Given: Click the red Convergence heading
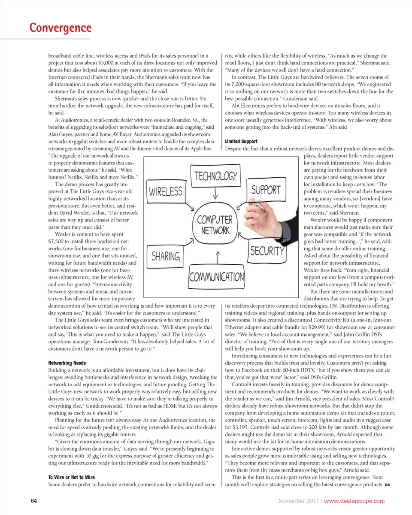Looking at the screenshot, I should [61, 28].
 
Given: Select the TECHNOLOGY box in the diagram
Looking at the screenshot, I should [216, 176].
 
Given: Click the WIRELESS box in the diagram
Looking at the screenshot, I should [166, 191].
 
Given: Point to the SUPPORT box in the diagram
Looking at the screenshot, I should [266, 189].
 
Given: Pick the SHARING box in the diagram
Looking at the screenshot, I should [166, 256].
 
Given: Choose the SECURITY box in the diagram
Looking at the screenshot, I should [267, 251].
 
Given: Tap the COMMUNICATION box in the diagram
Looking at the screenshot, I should [217, 276].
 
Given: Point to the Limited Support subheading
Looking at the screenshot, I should [241, 142].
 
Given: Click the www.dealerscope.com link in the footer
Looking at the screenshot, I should [354, 501].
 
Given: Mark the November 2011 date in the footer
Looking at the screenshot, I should [298, 501].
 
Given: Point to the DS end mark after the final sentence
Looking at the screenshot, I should [387, 485].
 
